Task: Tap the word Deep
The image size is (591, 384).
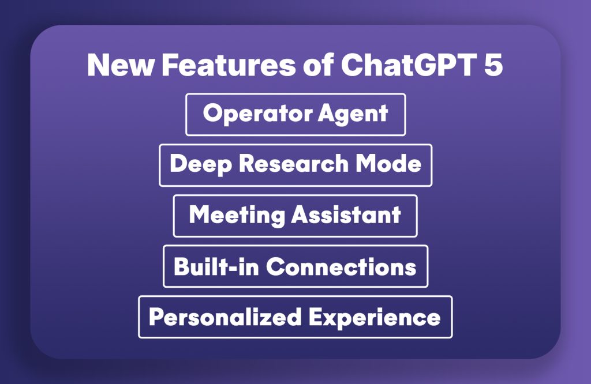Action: [200, 164]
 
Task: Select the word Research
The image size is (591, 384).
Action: [293, 164]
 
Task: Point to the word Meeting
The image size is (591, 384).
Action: [237, 215]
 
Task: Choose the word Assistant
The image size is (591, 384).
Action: [346, 215]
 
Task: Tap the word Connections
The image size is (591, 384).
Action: [341, 266]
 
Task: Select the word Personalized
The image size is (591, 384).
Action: [225, 317]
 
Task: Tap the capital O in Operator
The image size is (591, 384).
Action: [212, 114]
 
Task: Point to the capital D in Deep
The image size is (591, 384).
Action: [177, 164]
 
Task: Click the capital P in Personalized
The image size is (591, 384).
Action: [155, 317]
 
